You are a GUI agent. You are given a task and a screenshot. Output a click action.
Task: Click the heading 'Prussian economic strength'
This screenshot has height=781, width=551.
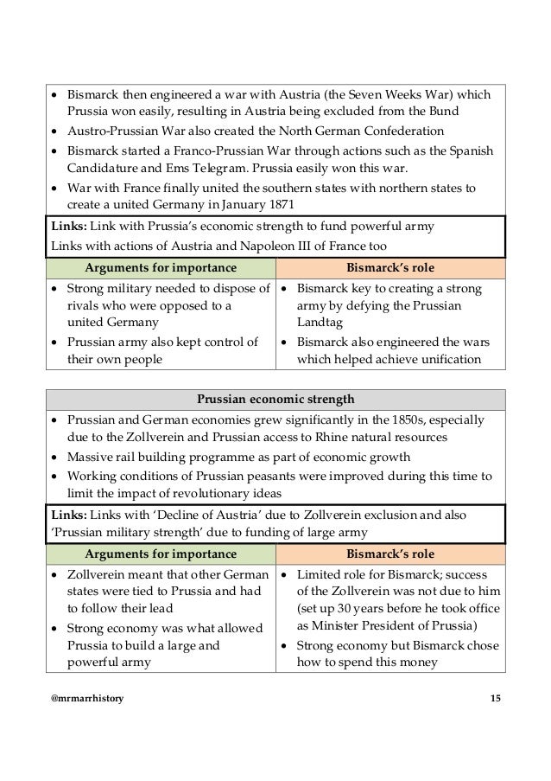[x=275, y=400]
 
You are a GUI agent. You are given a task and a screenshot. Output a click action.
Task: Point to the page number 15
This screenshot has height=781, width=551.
[x=494, y=698]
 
